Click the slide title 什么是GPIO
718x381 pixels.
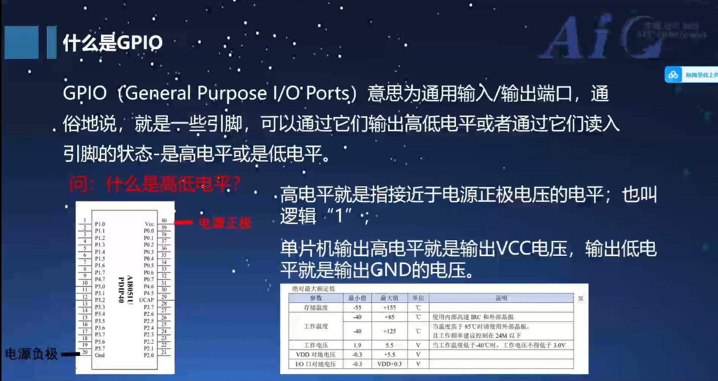(x=112, y=43)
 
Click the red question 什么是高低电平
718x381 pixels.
(x=154, y=185)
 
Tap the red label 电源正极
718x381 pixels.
(x=225, y=223)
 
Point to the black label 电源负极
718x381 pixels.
(x=31, y=354)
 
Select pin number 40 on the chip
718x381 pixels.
(x=164, y=221)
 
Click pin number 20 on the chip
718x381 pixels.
(x=85, y=352)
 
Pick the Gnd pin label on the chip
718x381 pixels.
(x=100, y=355)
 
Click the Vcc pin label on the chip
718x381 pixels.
(x=149, y=224)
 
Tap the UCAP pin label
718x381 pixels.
(x=147, y=300)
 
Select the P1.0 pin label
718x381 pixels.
(x=100, y=224)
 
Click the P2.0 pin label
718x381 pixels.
(x=149, y=355)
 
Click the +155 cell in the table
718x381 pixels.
(x=389, y=307)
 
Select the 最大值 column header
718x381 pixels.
(x=389, y=298)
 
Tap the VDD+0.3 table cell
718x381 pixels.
(x=389, y=364)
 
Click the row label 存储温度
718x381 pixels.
(x=316, y=307)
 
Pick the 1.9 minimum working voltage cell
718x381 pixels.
(x=357, y=345)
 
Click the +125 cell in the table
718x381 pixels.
(x=389, y=331)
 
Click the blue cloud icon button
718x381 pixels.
(x=673, y=75)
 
